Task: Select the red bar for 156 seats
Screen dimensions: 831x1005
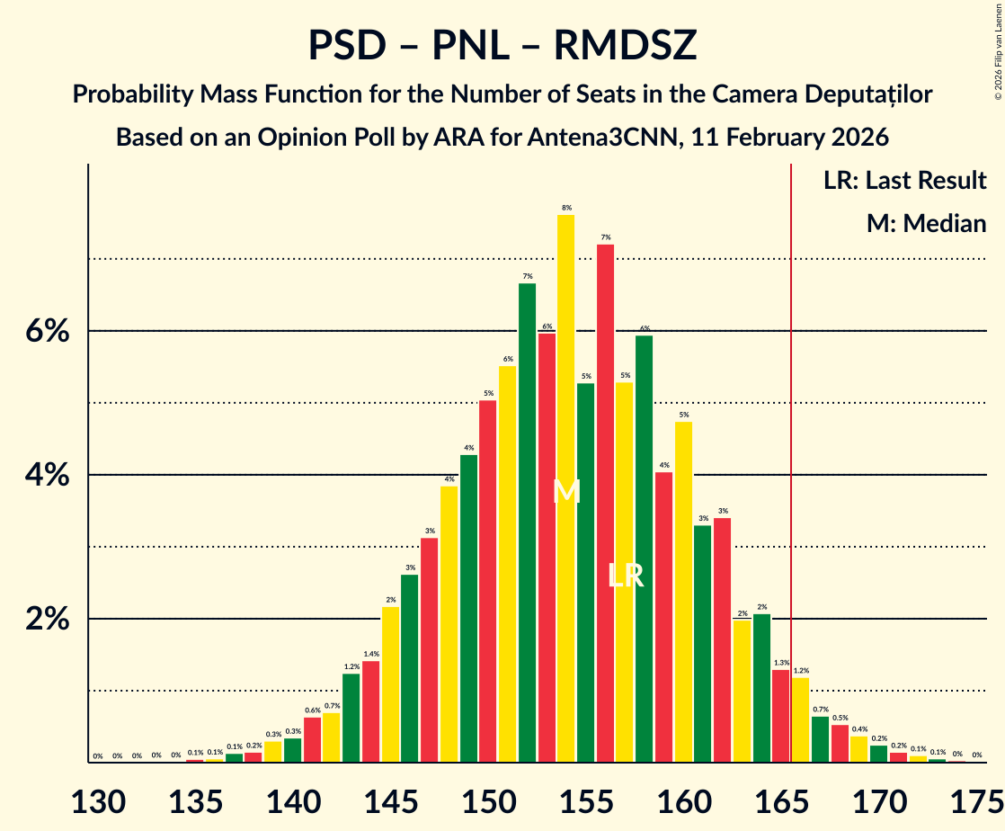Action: (605, 504)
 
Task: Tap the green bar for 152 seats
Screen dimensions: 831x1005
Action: (527, 522)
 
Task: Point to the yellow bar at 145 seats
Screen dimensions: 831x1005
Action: (390, 684)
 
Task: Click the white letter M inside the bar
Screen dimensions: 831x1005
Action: (566, 492)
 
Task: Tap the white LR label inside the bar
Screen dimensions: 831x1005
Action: (625, 576)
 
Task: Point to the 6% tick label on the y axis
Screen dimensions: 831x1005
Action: (47, 331)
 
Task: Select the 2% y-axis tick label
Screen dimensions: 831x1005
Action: (47, 620)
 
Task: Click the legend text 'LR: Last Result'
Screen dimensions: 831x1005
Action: (904, 181)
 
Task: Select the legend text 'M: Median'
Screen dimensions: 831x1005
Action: (926, 223)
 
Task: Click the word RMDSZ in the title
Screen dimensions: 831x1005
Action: (625, 45)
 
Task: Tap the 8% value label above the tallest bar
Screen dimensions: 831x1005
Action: (566, 208)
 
